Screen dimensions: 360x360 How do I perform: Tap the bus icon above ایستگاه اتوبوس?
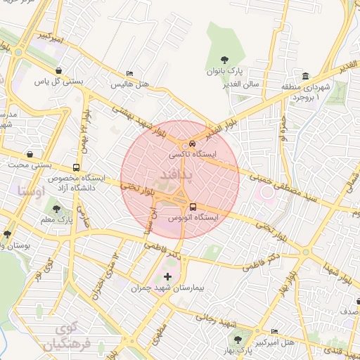point(193,207)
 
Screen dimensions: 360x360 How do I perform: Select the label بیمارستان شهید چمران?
point(168,288)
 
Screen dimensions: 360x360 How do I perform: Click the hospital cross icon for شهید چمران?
point(167,276)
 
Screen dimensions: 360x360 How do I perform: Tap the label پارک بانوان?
point(224,72)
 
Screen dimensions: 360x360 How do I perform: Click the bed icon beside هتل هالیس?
point(129,73)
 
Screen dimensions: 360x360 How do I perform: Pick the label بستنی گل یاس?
point(59,82)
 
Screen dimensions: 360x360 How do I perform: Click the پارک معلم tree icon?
point(56,209)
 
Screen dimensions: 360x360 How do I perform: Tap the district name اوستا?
point(31,191)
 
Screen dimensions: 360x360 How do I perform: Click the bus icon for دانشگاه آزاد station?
point(75,168)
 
